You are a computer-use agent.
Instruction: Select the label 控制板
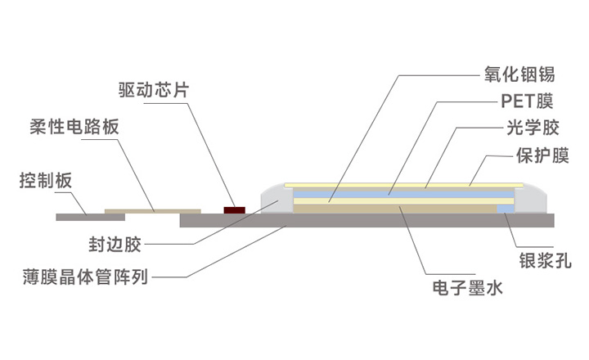click(46, 181)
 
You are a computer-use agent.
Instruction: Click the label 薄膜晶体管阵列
click(86, 277)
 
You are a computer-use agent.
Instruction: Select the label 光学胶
click(527, 129)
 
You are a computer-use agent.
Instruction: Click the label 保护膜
click(542, 155)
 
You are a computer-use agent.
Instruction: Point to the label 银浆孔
click(545, 261)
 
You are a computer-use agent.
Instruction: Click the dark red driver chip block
click(236, 210)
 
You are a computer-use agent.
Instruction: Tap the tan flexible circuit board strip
click(155, 212)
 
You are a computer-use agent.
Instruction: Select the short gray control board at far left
click(82, 217)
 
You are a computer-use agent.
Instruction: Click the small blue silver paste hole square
click(506, 209)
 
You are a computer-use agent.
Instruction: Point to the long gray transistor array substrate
click(368, 220)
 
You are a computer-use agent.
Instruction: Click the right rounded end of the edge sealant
click(536, 199)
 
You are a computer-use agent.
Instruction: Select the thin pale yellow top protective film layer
click(401, 183)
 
